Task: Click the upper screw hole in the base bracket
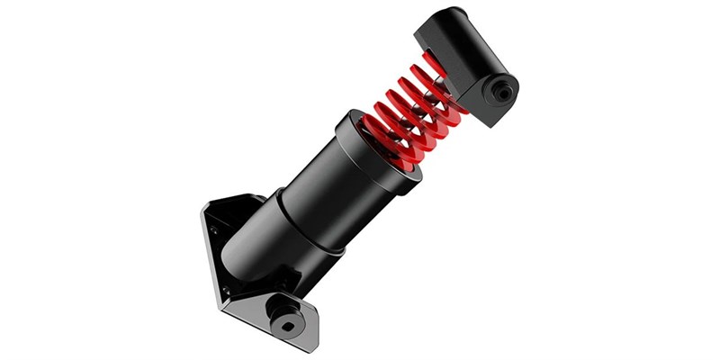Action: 214,230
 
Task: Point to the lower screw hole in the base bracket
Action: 226,290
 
